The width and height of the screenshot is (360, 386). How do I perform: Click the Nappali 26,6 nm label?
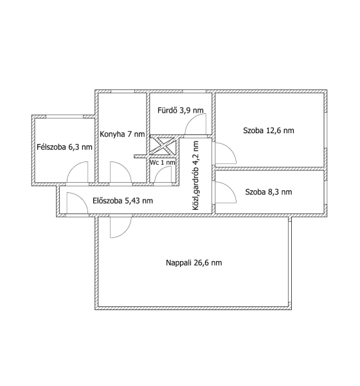click(194, 263)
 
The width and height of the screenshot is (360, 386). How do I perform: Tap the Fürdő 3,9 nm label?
click(181, 110)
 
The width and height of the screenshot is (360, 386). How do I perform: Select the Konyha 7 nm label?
click(122, 134)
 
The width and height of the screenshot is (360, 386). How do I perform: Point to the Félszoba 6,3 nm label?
click(64, 147)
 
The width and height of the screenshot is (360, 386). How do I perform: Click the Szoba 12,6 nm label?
click(269, 131)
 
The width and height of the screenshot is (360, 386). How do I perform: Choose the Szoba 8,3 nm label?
click(269, 192)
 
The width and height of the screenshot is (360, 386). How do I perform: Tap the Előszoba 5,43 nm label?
click(123, 201)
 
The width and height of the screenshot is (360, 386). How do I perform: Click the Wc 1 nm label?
click(163, 163)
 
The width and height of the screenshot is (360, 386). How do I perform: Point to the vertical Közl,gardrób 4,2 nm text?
click(196, 176)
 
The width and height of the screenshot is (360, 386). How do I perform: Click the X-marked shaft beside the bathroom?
click(163, 146)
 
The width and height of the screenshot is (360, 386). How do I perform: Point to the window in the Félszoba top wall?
click(64, 116)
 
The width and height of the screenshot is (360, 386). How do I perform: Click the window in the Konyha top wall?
click(123, 91)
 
